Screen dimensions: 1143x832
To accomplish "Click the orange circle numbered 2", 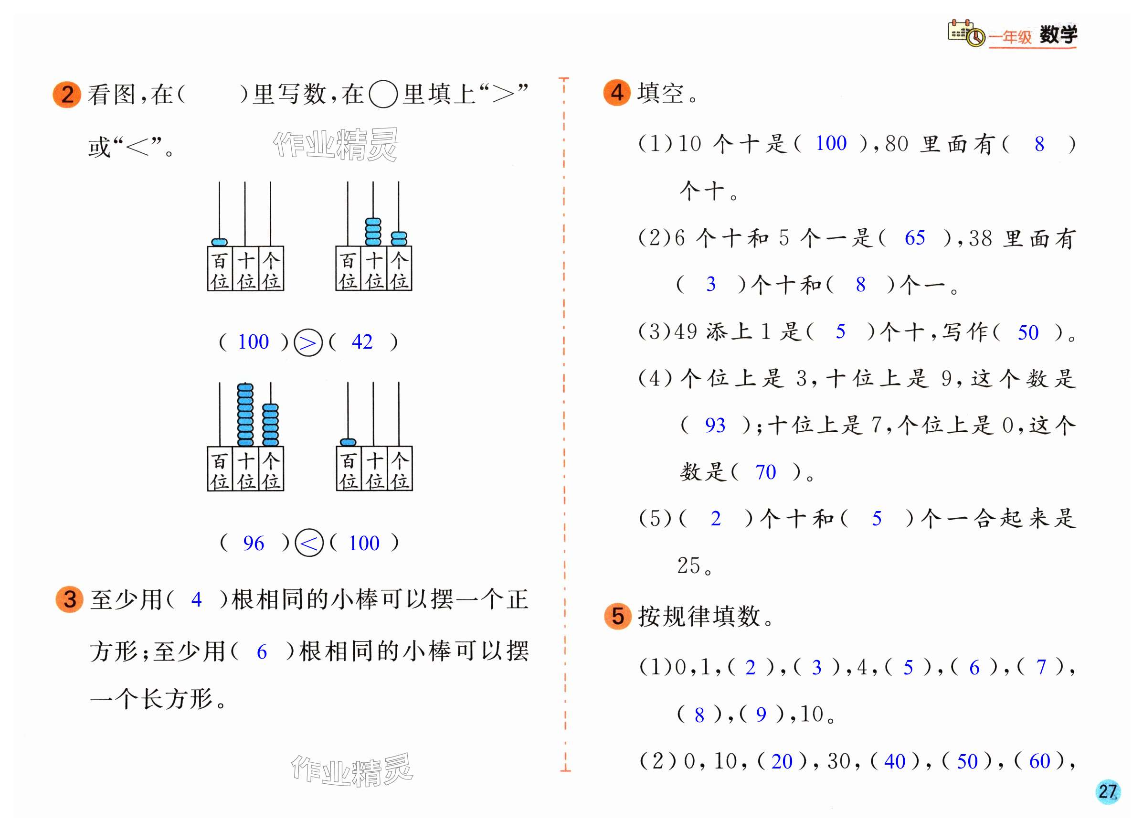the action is coord(66,94).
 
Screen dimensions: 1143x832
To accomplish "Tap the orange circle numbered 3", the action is coord(70,599).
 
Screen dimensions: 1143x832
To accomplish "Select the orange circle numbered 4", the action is coord(617,93).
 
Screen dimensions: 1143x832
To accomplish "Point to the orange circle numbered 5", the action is coord(618,616).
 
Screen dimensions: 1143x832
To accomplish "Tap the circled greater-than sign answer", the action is coord(308,343).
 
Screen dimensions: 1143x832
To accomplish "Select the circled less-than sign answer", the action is coord(308,543).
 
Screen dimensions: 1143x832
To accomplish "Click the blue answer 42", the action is coord(362,342).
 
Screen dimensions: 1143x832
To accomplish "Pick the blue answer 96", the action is coord(253,544).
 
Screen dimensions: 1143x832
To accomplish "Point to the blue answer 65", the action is coord(915,238).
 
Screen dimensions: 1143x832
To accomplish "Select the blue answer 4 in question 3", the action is coord(197,599).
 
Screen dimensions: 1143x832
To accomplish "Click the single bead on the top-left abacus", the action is coord(219,242).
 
